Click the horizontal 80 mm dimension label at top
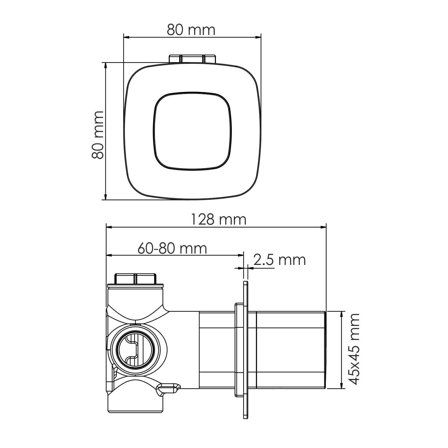191,30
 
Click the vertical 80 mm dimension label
98,135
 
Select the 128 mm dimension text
219,220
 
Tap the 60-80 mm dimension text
172,248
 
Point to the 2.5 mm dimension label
280,260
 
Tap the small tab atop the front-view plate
192,59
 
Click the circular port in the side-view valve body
136,349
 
